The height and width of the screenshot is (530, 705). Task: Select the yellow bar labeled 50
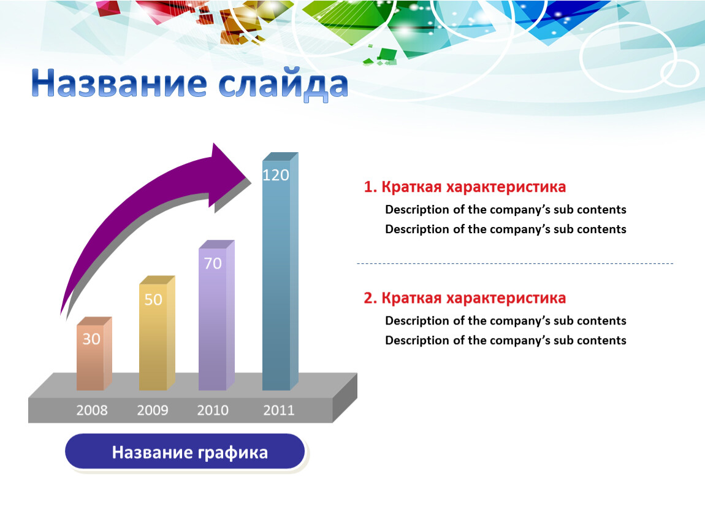point(156,333)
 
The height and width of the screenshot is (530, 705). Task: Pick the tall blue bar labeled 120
point(280,271)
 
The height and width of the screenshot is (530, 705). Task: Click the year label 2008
point(92,410)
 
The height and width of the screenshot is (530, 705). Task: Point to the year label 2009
point(153,410)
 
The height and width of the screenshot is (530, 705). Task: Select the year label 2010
point(213,410)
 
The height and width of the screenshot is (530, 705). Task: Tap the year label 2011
point(279,410)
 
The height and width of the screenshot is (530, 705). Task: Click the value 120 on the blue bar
point(276,175)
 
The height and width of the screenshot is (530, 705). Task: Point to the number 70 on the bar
point(213,263)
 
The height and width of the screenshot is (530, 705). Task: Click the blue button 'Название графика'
point(185,451)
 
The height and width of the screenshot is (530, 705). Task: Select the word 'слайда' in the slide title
point(284,84)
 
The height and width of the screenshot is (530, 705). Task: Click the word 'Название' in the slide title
point(119,83)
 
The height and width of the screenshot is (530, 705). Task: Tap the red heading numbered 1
point(465,186)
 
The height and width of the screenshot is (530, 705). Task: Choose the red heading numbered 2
point(465,298)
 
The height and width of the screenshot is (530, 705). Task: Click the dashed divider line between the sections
point(515,263)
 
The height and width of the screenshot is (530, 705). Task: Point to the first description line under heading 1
point(506,210)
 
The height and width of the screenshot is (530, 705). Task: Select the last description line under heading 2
point(506,340)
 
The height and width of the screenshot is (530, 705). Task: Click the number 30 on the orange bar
point(91,339)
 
